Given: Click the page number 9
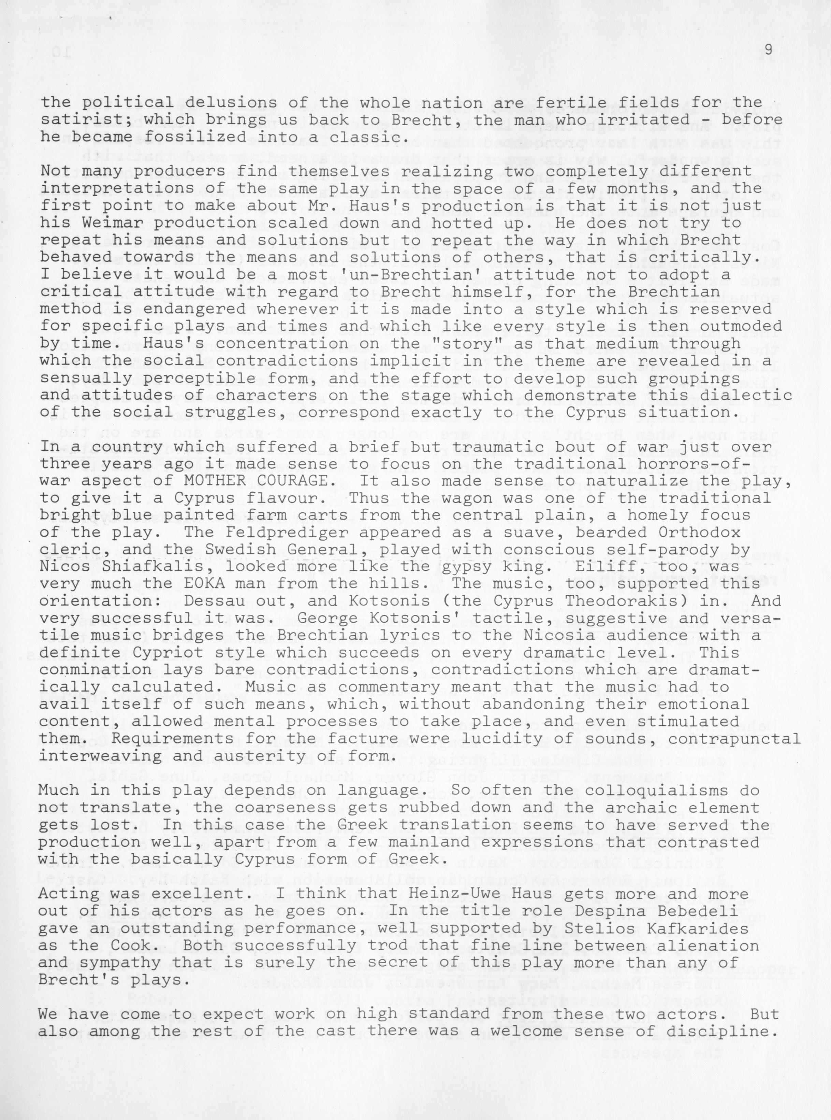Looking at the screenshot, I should tap(768, 50).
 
